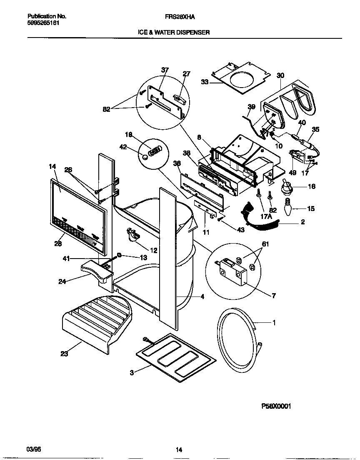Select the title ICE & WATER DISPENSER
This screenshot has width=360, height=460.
tap(174, 32)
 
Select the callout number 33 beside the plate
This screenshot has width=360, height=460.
tap(205, 82)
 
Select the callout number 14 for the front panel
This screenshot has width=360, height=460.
tap(52, 166)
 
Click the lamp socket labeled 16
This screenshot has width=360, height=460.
tap(287, 186)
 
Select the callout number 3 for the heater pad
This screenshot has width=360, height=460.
tap(132, 373)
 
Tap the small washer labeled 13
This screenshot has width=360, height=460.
tap(120, 255)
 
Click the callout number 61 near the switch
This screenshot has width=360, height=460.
tap(265, 244)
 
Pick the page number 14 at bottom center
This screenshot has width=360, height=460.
tap(179, 450)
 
